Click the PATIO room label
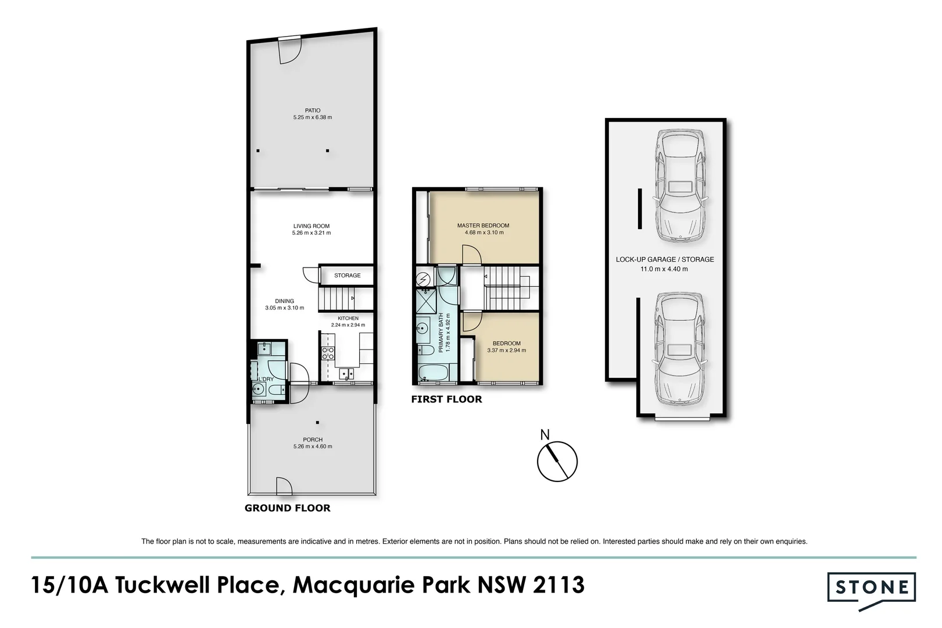[x=313, y=110]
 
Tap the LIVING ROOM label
[x=311, y=226]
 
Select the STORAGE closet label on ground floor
[x=348, y=275]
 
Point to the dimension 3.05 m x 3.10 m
[x=284, y=308]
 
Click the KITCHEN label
[x=348, y=318]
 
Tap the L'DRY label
[x=266, y=379]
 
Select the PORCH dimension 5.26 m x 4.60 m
[x=313, y=446]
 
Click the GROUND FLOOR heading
[x=288, y=508]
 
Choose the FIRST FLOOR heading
[x=447, y=399]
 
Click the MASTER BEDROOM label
[x=483, y=226]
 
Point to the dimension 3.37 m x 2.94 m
[x=506, y=350]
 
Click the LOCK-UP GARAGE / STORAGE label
[x=665, y=260]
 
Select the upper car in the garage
[x=680, y=185]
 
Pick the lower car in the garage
[x=680, y=348]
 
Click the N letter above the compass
[x=545, y=435]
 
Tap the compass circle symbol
[x=557, y=441]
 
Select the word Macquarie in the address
[x=354, y=586]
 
